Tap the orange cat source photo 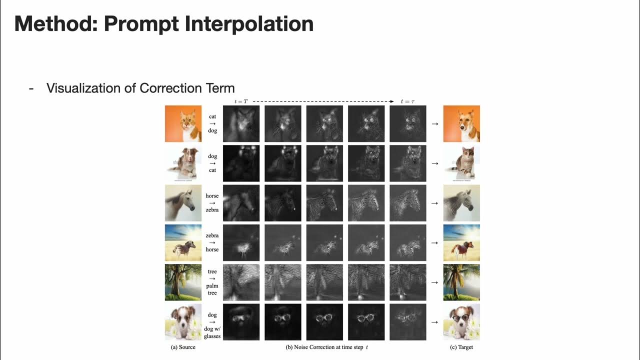183,123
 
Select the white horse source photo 183,203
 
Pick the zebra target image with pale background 461,203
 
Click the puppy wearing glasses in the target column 461,322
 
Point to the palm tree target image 461,282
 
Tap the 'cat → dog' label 212,123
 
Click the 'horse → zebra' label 212,203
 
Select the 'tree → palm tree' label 212,282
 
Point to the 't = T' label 241,101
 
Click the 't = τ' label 407,101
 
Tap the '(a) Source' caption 183,347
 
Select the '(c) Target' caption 461,347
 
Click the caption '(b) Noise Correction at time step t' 325,347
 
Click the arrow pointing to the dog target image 434,123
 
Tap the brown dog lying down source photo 183,163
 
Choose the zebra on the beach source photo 183,242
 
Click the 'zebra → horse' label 212,242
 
